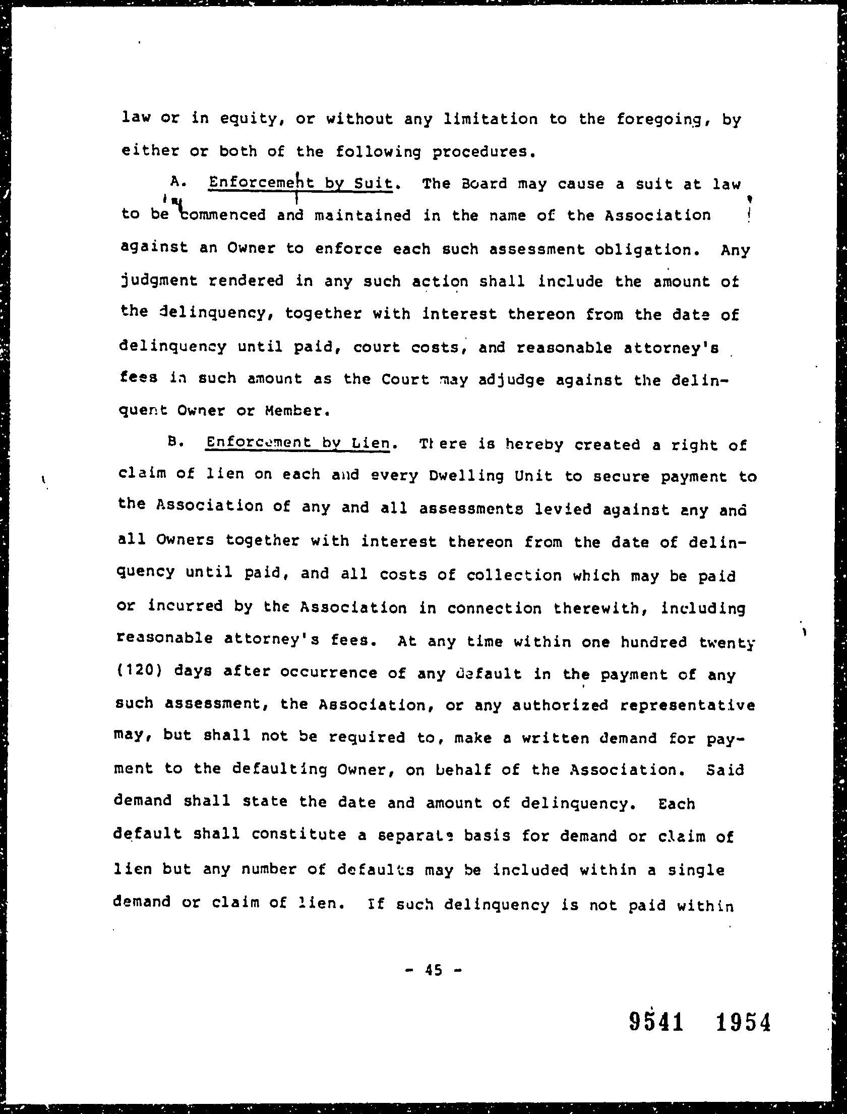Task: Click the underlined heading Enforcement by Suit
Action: tap(300, 183)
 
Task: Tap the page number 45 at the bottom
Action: tap(433, 969)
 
